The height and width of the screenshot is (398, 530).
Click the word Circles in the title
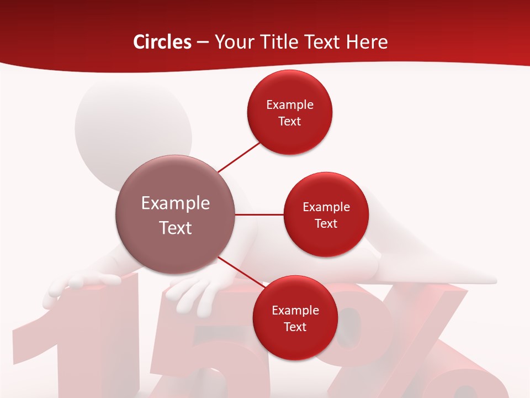162,42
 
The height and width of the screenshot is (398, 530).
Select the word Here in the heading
367,42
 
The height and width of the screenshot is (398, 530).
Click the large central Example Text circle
175,214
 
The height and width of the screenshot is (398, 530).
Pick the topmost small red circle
290,113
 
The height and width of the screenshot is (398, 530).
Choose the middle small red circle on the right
326,214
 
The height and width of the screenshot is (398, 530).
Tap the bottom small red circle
295,318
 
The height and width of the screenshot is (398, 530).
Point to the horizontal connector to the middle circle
259,214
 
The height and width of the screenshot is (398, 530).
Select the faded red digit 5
204,359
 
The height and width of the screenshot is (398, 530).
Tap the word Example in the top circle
290,105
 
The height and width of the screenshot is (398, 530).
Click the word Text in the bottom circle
295,327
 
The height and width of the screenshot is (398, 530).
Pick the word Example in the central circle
175,203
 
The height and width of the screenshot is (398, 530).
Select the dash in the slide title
203,43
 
